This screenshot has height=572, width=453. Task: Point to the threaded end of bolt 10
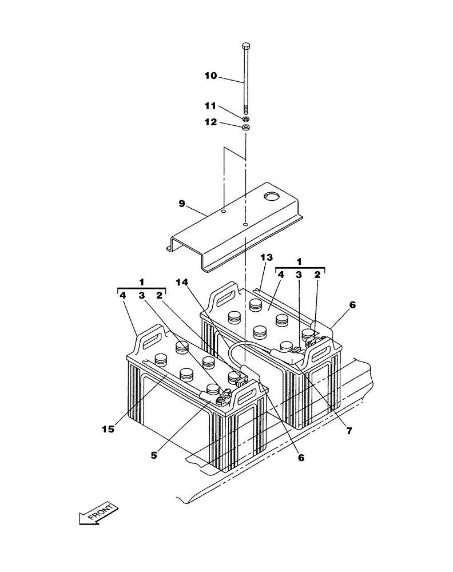(x=245, y=109)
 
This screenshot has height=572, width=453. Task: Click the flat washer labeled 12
(x=245, y=128)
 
